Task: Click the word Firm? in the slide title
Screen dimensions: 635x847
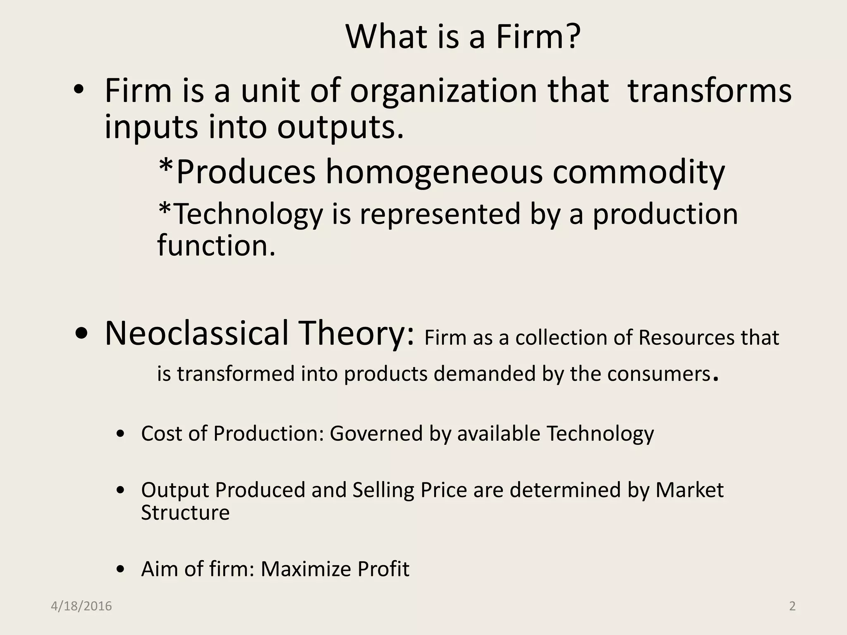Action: coord(538,37)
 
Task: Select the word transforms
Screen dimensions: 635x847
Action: coord(709,91)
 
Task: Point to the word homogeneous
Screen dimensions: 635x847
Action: coord(434,172)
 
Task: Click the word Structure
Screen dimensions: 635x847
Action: coord(185,513)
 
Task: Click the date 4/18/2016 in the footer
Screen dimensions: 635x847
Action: coord(81,606)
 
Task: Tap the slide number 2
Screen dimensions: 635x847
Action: coord(792,606)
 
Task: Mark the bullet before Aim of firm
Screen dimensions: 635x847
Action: coord(120,570)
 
